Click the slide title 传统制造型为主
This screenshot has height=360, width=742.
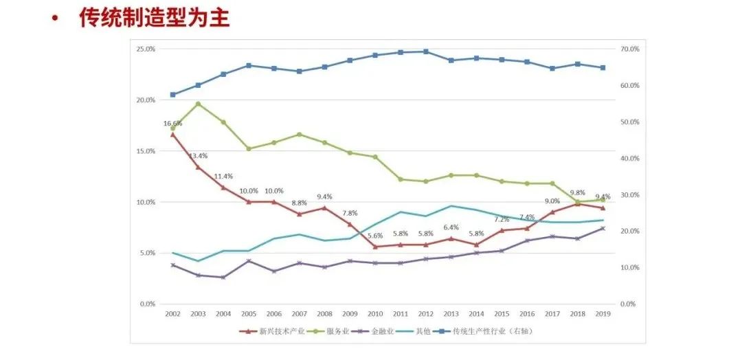(x=155, y=19)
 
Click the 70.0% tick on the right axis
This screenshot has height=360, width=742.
(x=629, y=49)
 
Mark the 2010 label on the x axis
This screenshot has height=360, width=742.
(x=375, y=314)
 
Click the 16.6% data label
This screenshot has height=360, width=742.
(x=172, y=124)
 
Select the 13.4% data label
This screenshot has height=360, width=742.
(x=199, y=155)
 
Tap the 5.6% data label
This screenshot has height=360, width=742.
(x=375, y=236)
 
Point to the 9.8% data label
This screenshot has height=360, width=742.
(x=578, y=193)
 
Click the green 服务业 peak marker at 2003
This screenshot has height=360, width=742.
(x=198, y=104)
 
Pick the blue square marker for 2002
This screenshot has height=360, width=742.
(x=172, y=94)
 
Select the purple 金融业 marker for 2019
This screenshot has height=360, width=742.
(x=603, y=228)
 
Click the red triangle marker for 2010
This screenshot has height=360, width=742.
(x=375, y=247)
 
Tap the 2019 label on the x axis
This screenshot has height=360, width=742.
(x=603, y=314)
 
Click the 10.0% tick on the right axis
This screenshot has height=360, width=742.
(x=629, y=267)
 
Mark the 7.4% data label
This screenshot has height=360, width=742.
(x=527, y=217)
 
